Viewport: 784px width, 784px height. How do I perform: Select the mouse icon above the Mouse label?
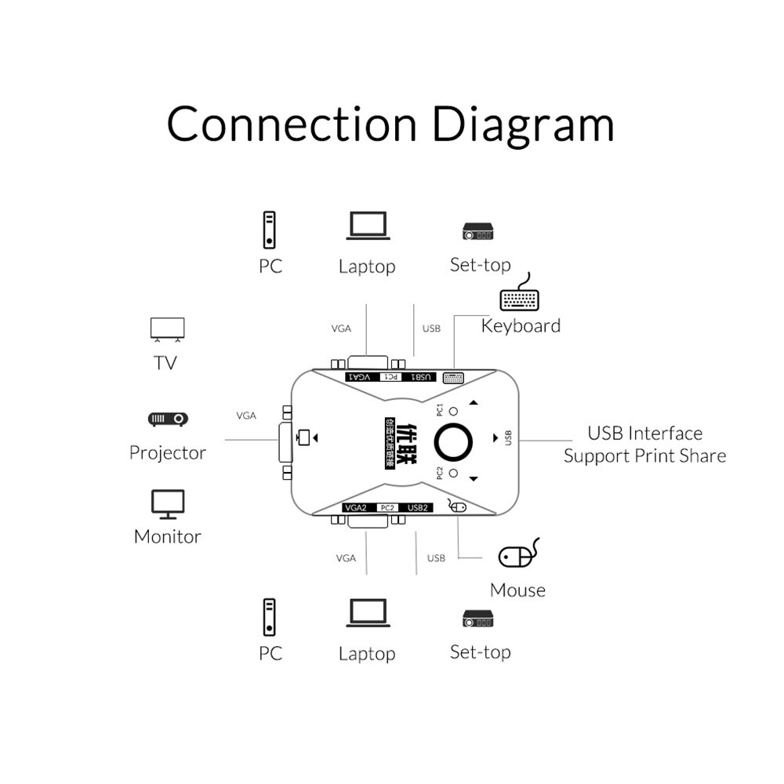pyautogui.click(x=518, y=554)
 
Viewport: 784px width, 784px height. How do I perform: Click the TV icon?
pyautogui.click(x=167, y=329)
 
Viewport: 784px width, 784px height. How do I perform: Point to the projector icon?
pyautogui.click(x=168, y=419)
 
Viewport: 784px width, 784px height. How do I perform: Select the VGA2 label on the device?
pyautogui.click(x=356, y=508)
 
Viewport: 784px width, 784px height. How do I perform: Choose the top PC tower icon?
pyautogui.click(x=270, y=229)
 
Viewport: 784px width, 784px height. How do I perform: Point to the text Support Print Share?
pyautogui.click(x=644, y=456)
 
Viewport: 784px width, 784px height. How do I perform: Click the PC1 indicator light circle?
pyautogui.click(x=453, y=410)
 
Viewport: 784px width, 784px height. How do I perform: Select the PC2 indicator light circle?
pyautogui.click(x=453, y=474)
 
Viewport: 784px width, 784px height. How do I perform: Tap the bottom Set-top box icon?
pyautogui.click(x=477, y=619)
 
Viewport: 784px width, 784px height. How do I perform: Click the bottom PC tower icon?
pyautogui.click(x=270, y=616)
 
